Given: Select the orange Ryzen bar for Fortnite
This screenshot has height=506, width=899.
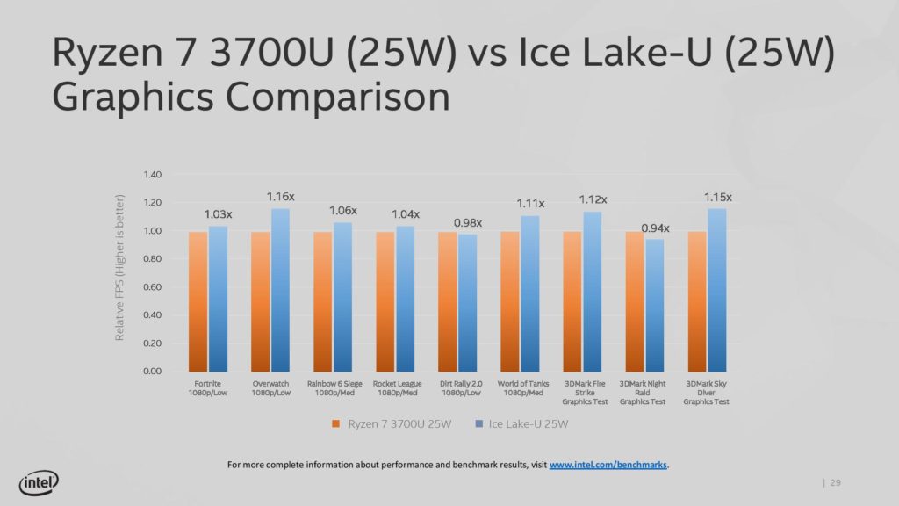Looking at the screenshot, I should point(198,301).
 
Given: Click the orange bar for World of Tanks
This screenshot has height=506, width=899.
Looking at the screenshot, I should point(510,301).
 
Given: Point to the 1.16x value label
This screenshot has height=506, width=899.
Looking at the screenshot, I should point(281,197).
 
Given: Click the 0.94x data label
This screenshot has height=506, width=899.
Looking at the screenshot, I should point(655,228).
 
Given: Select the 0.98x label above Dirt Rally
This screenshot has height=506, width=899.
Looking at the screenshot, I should point(468,222).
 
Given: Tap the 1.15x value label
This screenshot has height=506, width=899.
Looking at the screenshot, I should point(717,197).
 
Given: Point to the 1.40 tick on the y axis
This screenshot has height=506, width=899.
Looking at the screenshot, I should point(152,175).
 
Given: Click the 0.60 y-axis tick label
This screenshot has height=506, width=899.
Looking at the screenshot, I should point(152,287).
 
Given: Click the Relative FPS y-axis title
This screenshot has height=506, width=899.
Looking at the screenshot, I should point(120,268).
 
